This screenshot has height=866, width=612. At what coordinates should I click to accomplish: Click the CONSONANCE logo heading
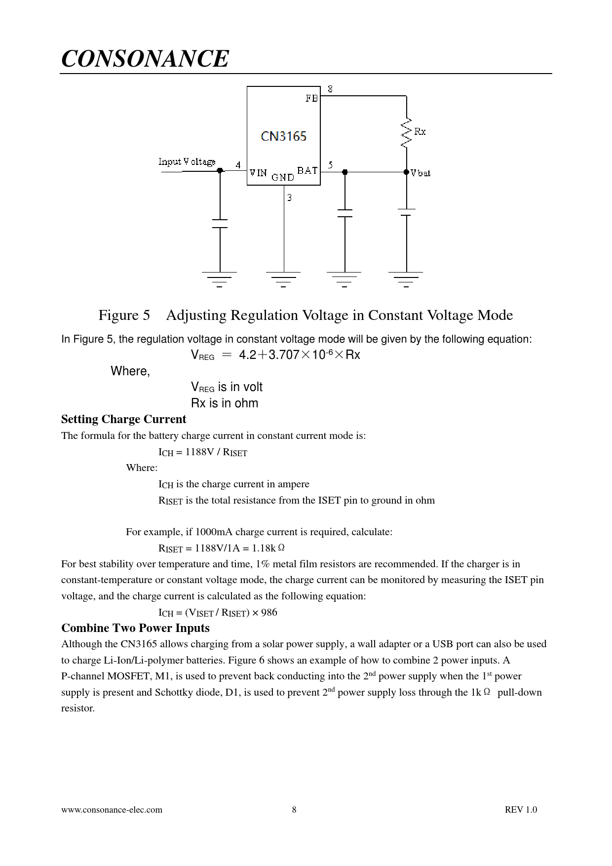point(145,59)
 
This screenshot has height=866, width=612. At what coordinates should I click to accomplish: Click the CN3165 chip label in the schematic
point(283,136)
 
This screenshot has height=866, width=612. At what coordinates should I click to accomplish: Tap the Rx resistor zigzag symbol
point(406,132)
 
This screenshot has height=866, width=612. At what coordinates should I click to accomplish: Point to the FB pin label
point(311,98)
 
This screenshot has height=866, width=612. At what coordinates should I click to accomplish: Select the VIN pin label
point(258,173)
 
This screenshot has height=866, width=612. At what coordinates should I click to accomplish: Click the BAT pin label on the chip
point(307,171)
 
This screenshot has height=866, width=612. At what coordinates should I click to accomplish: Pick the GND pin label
point(283,177)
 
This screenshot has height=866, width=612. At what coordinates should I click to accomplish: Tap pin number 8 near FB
point(330,89)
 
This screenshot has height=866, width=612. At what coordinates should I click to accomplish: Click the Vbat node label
point(421,173)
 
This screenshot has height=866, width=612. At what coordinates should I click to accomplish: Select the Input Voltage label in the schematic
point(187,161)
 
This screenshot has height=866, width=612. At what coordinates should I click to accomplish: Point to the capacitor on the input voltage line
point(220,223)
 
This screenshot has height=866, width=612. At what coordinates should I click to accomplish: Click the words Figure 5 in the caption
point(124,315)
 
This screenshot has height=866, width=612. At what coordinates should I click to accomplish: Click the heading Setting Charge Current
point(123,419)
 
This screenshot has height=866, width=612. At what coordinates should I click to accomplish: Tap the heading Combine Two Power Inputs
point(135,628)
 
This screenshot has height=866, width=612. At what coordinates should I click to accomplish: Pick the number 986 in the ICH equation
point(269,613)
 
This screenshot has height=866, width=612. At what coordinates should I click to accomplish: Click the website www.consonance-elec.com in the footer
point(112,810)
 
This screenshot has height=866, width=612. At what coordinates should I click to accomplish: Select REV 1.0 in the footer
point(521,810)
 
